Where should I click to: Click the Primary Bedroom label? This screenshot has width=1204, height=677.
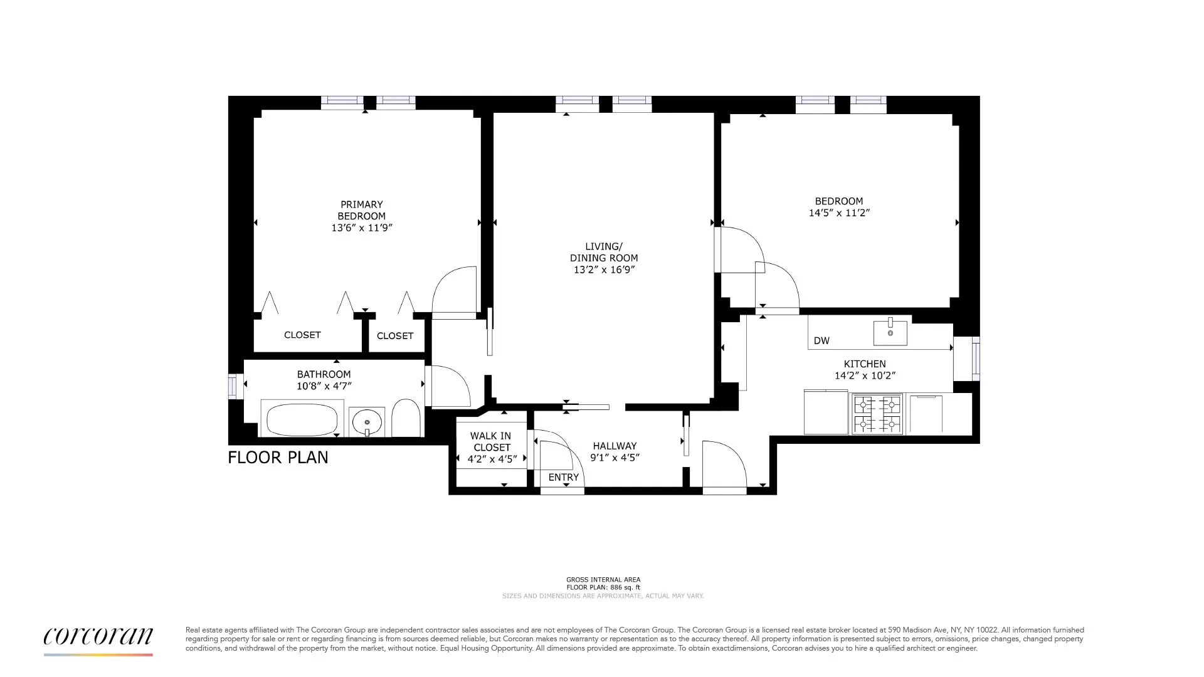[x=361, y=211]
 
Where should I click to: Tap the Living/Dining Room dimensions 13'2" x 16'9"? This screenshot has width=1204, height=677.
[x=604, y=270]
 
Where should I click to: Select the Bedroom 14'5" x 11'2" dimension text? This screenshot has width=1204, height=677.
[x=839, y=213]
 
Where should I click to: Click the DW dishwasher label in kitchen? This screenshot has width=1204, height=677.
[x=821, y=341]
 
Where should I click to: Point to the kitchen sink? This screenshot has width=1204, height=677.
[x=890, y=333]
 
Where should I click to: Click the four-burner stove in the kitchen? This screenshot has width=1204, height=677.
[x=877, y=414]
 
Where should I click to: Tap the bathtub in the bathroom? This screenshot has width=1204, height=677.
[x=302, y=419]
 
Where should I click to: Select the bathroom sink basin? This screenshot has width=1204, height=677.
[x=367, y=421]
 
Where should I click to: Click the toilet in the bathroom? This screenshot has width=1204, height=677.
[x=406, y=418]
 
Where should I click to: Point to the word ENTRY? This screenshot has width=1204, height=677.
[x=563, y=478]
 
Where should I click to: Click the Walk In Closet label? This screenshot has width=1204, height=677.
[x=492, y=441]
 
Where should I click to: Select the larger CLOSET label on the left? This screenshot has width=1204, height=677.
[x=302, y=335]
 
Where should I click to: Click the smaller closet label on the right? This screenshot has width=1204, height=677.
[x=395, y=336]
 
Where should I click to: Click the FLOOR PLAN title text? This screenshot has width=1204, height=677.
[x=278, y=458]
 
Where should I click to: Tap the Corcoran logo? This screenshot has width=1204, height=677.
[x=98, y=638]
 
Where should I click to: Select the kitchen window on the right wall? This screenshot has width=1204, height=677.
[x=975, y=359]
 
